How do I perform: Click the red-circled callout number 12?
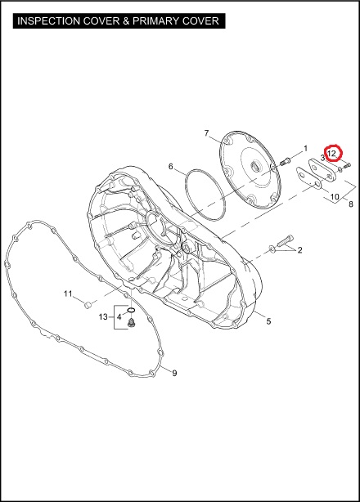click(x=331, y=154)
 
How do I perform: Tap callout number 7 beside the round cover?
click(x=206, y=133)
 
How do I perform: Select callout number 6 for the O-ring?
click(x=171, y=167)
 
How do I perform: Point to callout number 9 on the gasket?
click(x=174, y=373)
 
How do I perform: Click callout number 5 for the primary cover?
click(x=268, y=320)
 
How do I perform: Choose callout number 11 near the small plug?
click(x=68, y=294)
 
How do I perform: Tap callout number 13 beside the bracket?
click(x=103, y=317)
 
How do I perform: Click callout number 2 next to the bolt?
click(x=299, y=250)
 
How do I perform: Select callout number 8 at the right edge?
click(x=351, y=204)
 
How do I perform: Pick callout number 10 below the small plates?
click(x=335, y=196)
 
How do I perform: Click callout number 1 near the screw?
click(x=305, y=149)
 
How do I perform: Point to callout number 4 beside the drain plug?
click(x=119, y=317)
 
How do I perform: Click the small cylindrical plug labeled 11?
click(x=88, y=304)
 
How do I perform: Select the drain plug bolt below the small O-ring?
click(x=131, y=323)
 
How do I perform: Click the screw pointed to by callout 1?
click(x=285, y=161)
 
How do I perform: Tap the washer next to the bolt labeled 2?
click(x=272, y=249)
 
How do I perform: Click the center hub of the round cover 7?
click(x=256, y=167)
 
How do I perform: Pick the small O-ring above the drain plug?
click(x=131, y=310)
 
